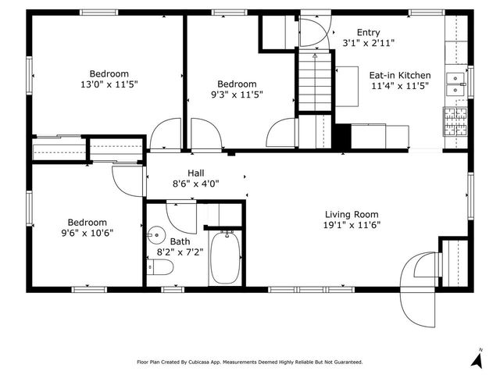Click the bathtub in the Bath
coord(227,258)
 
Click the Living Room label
coord(352,215)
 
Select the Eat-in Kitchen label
coord(400,77)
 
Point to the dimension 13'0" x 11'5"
coord(109,84)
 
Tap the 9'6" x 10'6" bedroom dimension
coord(87,232)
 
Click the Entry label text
coord(368,32)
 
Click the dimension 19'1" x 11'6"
coord(352,226)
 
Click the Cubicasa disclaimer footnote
coord(250,362)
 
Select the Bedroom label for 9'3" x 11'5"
coord(237,84)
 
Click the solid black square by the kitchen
coord(341,136)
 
